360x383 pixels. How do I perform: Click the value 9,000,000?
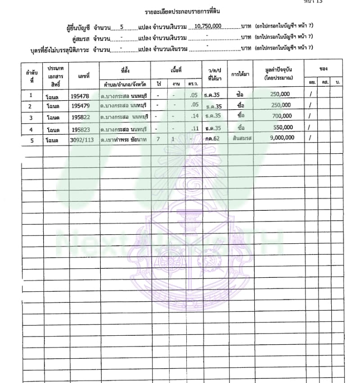[x=282, y=138]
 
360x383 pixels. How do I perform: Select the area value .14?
[x=194, y=116]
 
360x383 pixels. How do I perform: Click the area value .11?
[x=194, y=128]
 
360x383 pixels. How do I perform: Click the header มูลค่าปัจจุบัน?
[x=279, y=71]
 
